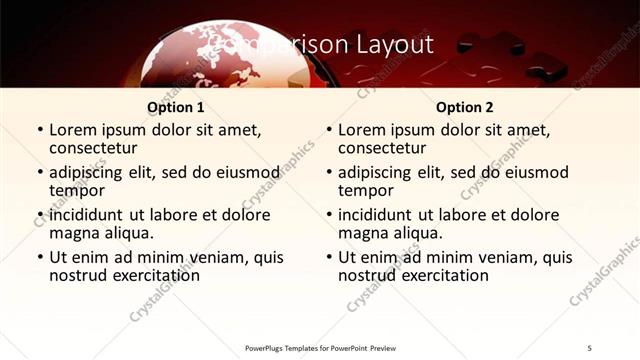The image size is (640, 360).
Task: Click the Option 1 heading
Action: pyautogui.click(x=176, y=107)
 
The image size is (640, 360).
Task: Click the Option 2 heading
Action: pyautogui.click(x=464, y=107)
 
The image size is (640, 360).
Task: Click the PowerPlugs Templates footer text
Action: pyautogui.click(x=320, y=348)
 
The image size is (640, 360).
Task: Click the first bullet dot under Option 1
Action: pyautogui.click(x=40, y=130)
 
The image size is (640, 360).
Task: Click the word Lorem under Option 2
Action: pyautogui.click(x=362, y=129)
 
